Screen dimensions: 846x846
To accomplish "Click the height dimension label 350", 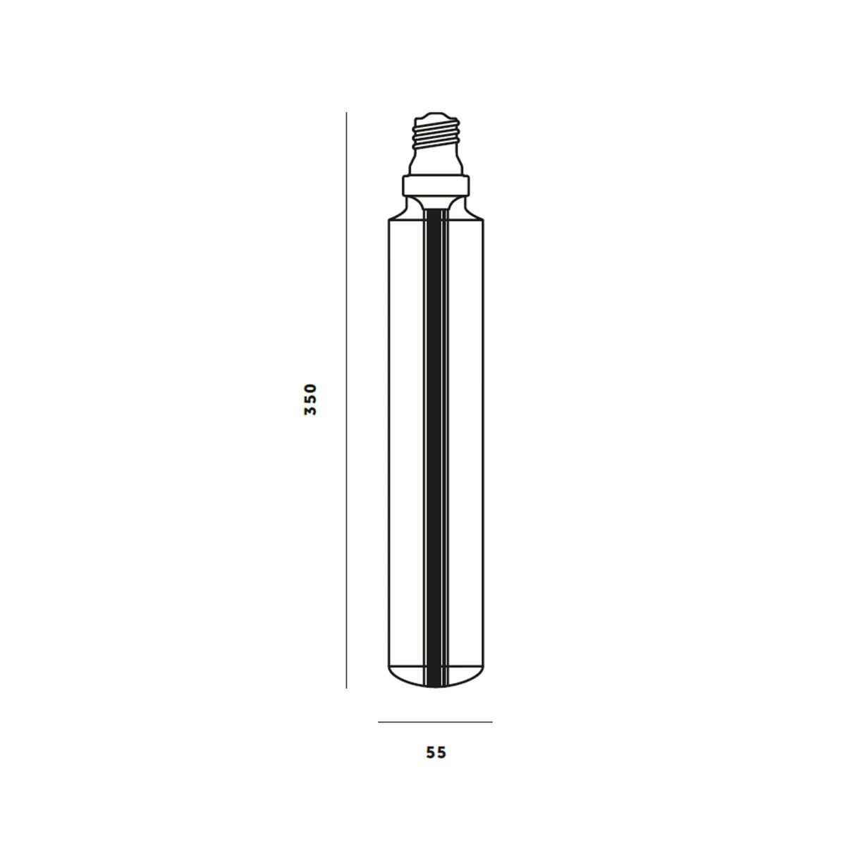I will point(311,399).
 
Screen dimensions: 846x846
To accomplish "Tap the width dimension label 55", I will point(436,753).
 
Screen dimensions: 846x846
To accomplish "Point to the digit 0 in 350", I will point(311,387).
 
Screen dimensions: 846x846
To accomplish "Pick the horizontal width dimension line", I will point(435,722).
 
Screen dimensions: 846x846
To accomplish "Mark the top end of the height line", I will point(346,113).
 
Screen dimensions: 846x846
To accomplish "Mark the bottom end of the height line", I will point(346,687).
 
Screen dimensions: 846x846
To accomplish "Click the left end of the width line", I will point(379,722).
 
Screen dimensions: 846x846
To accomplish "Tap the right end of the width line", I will point(492,722).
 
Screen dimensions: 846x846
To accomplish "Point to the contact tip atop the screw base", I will point(436,114).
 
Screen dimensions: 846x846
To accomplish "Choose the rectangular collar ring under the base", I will point(436,186).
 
